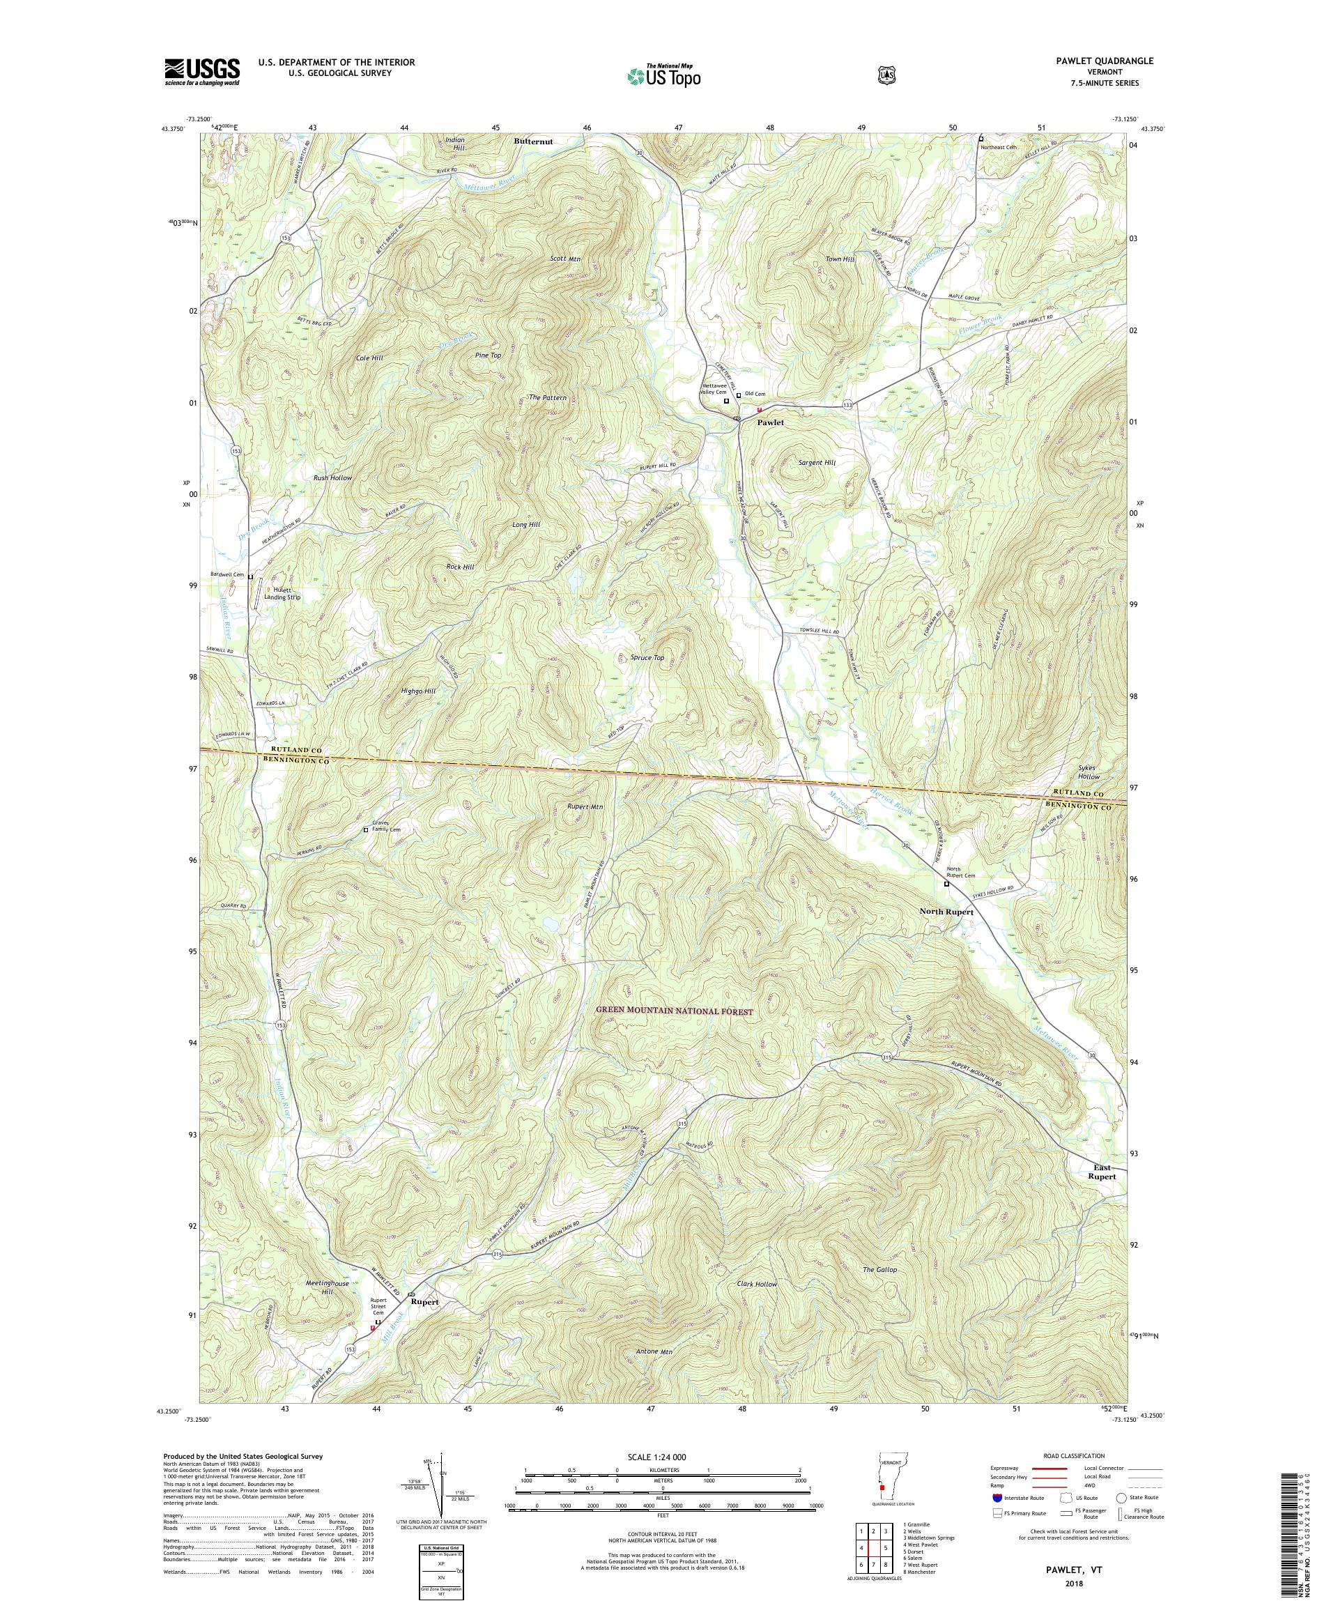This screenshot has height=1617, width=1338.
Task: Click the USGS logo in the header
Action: [201, 72]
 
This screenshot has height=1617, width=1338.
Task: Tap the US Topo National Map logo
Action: [663, 75]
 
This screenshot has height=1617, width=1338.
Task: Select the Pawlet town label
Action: [770, 423]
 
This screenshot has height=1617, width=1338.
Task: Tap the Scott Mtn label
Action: [587, 259]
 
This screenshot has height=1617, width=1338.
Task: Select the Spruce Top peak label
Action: [647, 657]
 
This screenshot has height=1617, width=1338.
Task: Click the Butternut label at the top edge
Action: [534, 141]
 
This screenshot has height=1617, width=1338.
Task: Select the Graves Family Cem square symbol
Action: [366, 830]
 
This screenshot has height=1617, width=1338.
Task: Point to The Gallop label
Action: [880, 1270]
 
